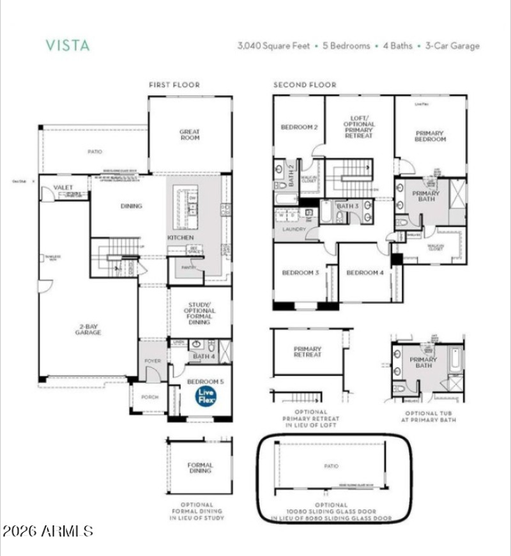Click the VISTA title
coord(67,45)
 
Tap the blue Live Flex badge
coord(206,396)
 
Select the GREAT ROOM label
coord(190,135)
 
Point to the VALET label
coord(63,187)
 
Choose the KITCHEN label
coord(181,238)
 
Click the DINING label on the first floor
coord(131,206)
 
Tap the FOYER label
coord(153,361)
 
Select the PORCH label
coord(149,397)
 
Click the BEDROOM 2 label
coord(299,127)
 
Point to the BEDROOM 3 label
coord(300,273)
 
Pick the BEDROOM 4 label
coord(365,273)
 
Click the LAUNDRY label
coord(290,229)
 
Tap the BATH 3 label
coord(347,206)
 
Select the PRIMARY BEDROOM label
coord(429,135)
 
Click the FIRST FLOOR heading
coord(174,85)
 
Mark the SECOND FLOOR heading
coord(305,85)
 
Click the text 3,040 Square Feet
coord(273,46)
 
